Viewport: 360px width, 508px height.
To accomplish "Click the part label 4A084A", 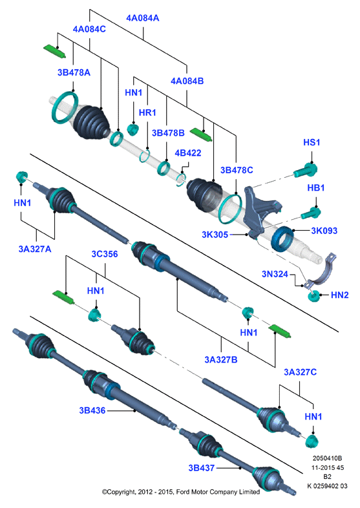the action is tap(143, 18).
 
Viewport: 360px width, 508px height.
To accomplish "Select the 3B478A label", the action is tap(74, 72).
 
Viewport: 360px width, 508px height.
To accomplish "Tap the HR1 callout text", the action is tap(147, 112).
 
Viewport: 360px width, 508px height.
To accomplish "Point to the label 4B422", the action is tap(188, 153).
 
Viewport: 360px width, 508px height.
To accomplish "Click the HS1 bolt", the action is tap(306, 170).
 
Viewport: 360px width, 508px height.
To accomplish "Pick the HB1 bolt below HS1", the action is tap(311, 213).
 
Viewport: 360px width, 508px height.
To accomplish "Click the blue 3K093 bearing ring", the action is tap(283, 239).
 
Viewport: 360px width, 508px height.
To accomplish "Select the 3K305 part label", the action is tap(215, 234).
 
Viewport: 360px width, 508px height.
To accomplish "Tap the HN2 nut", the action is tap(313, 296).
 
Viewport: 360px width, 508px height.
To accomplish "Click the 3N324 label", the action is tap(275, 274).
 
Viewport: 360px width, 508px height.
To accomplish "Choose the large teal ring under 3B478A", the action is tap(65, 107).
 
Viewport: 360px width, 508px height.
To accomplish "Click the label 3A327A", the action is tap(35, 249).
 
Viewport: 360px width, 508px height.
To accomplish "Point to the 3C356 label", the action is tap(104, 253).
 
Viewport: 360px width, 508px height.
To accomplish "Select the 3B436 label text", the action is tap(92, 410).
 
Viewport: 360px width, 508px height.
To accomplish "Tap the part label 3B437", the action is tap(202, 468).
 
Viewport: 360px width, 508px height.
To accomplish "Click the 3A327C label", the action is tap(300, 372).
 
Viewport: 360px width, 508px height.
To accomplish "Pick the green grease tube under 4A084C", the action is tap(54, 51).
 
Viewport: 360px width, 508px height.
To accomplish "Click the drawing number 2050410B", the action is tap(327, 458).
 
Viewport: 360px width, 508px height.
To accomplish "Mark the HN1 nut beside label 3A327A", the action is tap(21, 176).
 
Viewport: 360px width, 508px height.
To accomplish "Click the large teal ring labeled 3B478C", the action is tap(230, 209).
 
